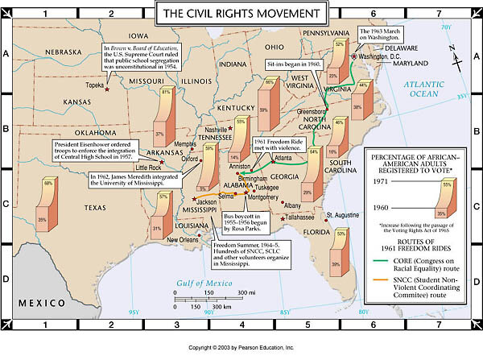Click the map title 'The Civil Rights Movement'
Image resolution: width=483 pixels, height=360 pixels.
[x=242, y=14]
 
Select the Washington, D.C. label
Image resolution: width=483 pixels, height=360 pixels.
[x=380, y=57]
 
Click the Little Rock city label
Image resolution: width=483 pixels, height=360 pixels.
[x=152, y=167]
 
